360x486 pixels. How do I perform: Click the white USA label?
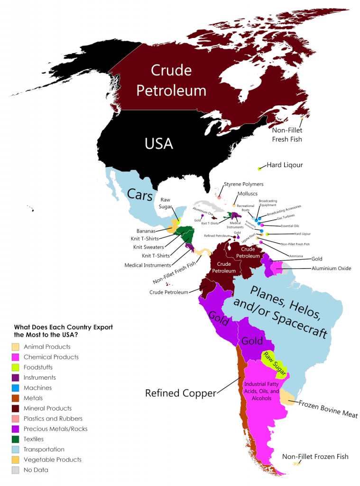coord(158,143)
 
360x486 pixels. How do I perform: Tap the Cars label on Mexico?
coord(139,194)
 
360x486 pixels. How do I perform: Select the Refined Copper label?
coord(180,393)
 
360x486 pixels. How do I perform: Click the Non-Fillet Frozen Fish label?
coord(315,457)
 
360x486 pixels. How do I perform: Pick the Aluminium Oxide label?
coord(331,269)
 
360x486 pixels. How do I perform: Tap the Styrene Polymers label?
coord(243,184)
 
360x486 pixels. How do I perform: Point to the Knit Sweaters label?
coord(148,247)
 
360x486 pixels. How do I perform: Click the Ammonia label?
coord(295,256)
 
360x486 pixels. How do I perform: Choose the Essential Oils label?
coord(290,226)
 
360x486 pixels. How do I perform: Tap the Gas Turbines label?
coord(286,216)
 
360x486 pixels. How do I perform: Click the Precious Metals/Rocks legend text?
coord(55,429)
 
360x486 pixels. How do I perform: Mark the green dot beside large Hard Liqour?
coord(259,168)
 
